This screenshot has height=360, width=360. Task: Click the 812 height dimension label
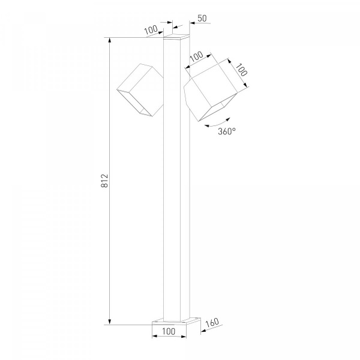click(104, 181)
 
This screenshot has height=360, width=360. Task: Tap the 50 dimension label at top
click(202, 18)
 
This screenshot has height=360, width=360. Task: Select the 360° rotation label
click(227, 131)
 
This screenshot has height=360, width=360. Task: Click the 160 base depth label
click(212, 323)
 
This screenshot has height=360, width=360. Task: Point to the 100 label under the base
click(169, 331)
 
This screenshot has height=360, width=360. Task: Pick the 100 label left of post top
click(151, 29)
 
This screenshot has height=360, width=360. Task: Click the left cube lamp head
click(140, 90)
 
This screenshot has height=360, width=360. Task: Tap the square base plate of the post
click(176, 321)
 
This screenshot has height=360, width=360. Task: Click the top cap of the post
click(176, 37)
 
